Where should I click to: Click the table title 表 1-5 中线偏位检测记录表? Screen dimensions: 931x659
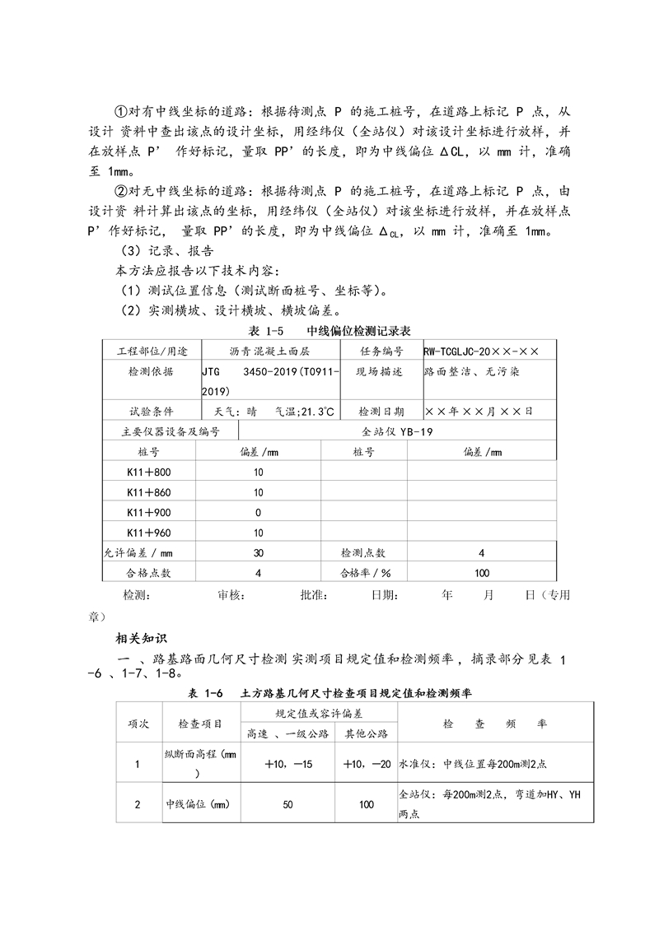[329, 330]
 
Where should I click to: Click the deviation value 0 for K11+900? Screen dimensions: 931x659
[259, 512]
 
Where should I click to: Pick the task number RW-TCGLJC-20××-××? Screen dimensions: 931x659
[481, 351]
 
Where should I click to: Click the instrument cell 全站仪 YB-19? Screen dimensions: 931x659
[397, 431]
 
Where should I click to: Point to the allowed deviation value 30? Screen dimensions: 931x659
[259, 552]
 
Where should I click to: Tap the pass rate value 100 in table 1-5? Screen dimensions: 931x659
[482, 573]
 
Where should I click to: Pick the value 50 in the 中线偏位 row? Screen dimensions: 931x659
[287, 804]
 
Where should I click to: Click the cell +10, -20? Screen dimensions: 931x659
[367, 764]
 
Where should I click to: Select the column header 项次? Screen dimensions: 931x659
[137, 724]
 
